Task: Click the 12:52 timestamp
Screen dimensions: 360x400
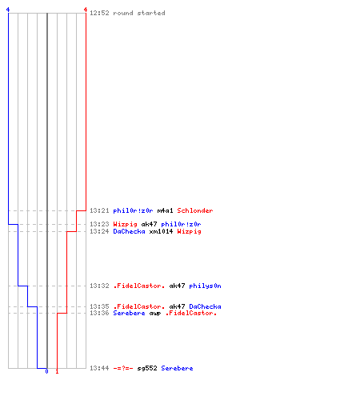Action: coord(99,13)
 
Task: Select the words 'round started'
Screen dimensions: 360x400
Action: coord(139,13)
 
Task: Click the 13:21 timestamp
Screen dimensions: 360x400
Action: coord(99,210)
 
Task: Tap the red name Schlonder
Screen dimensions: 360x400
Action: coord(195,210)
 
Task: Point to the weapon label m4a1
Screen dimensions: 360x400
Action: coord(165,210)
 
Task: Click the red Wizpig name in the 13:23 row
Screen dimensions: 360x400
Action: coord(125,224)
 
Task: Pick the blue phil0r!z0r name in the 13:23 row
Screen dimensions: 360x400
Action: coord(181,224)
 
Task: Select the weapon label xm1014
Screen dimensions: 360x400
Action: coord(161,231)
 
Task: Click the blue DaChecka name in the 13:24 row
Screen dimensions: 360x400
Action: coord(129,231)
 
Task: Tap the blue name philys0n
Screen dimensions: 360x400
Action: coord(205,286)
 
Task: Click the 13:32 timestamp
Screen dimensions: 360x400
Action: coord(99,286)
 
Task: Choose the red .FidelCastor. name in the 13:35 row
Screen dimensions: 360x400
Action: coord(139,306)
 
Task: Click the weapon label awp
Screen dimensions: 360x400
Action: coord(155,314)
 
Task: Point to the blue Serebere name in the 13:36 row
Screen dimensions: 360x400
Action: coord(129,313)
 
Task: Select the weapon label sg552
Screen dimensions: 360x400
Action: coord(147,368)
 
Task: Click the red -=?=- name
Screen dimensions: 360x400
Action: coord(123,368)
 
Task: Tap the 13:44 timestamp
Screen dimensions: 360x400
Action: coord(99,368)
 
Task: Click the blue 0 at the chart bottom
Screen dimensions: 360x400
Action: coord(46,371)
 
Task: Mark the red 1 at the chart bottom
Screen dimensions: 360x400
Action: coord(57,371)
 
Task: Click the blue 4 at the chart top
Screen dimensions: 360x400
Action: coord(8,10)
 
